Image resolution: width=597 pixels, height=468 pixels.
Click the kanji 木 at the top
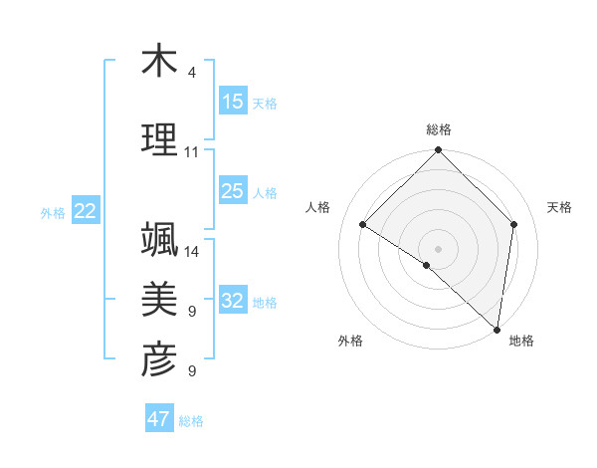(x=159, y=61)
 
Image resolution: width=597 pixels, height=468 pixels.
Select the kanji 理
(x=159, y=139)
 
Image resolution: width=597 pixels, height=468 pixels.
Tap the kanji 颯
(x=159, y=240)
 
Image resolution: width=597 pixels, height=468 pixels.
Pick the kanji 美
(x=159, y=299)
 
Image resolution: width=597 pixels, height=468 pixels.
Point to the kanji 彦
(x=159, y=359)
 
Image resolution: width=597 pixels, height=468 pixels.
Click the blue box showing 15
(x=233, y=102)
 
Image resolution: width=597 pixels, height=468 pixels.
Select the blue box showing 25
(x=233, y=192)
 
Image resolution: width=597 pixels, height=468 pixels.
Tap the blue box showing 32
(x=233, y=301)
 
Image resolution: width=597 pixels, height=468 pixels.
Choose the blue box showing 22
(x=86, y=211)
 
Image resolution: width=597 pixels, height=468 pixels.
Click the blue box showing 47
(x=159, y=419)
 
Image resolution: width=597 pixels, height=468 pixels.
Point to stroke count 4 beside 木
(x=191, y=73)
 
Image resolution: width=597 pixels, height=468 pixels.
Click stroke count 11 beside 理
(x=191, y=152)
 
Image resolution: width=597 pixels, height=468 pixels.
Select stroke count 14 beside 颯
(x=192, y=252)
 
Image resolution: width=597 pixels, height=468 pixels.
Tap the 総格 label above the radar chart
(x=439, y=129)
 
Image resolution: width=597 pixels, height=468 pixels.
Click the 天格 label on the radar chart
(x=559, y=207)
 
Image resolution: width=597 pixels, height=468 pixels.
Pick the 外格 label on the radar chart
(x=350, y=341)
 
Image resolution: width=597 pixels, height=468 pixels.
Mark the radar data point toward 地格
(x=497, y=329)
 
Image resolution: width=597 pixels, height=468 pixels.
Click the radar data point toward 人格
(x=363, y=225)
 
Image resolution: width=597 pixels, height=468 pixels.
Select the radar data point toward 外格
(x=427, y=265)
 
